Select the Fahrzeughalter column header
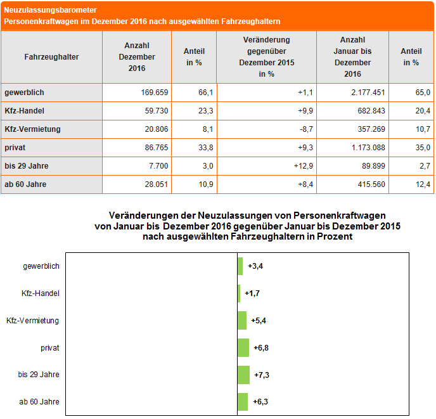(51, 57)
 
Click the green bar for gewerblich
(240, 266)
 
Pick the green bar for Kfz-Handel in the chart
(239, 293)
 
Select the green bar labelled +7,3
(243, 375)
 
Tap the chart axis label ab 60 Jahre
(39, 401)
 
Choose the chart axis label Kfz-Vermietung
(32, 321)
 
